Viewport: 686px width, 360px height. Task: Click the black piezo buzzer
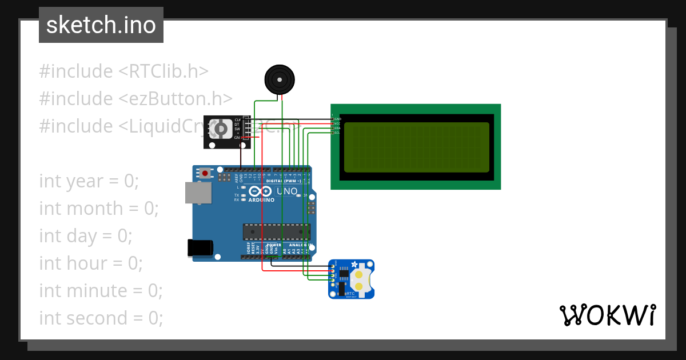[x=280, y=79]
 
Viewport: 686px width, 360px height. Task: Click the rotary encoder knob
[x=219, y=130]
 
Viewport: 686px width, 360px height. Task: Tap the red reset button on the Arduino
[x=205, y=173]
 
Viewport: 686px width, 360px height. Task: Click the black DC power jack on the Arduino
[x=200, y=247]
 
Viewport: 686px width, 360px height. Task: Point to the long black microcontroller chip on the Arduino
[x=277, y=231]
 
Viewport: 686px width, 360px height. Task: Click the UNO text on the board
[x=287, y=191]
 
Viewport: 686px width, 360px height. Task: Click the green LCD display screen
[x=416, y=147]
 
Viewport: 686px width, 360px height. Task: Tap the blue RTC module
[x=351, y=279]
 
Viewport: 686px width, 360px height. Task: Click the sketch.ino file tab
[x=101, y=25]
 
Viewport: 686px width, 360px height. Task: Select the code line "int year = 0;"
[x=89, y=181]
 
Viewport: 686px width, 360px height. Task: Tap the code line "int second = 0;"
[x=101, y=318]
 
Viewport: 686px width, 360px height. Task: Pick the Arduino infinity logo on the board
[x=260, y=192]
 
